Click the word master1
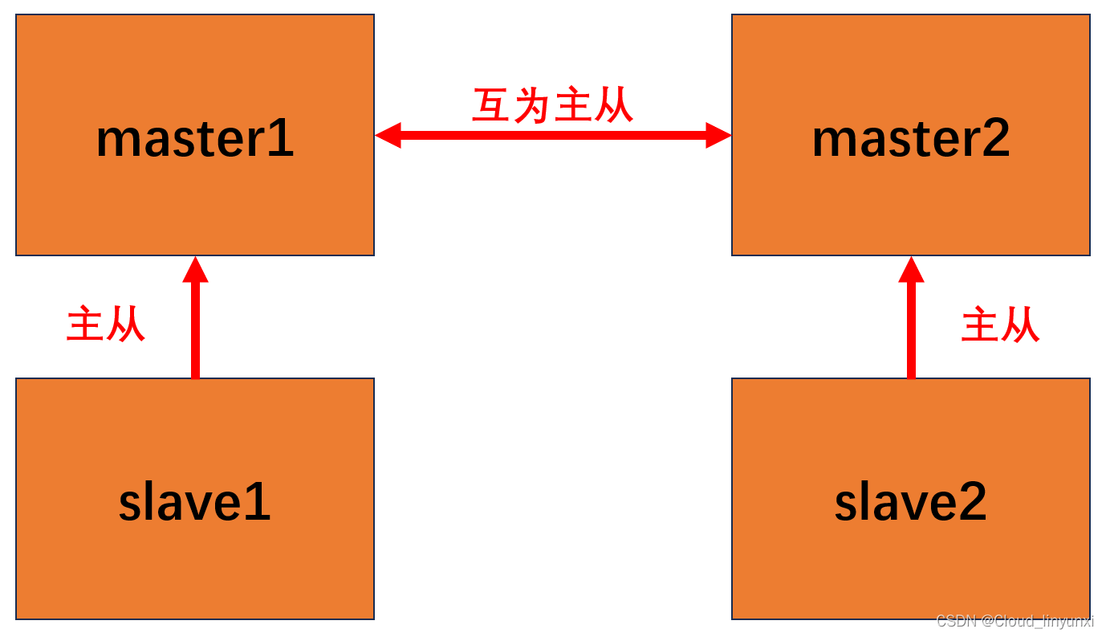195,139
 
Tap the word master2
910,139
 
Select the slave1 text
195,503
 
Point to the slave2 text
910,503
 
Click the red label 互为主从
553,105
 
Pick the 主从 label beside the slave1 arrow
105,325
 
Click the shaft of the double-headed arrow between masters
553,136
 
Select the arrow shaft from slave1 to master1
195,329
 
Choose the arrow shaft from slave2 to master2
911,329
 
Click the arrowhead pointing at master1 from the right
388,136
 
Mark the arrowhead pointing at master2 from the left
718,136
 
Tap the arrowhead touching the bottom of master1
195,270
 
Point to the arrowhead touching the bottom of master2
911,270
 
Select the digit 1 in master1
281,139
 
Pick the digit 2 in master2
994,139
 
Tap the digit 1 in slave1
258,503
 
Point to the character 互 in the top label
491,105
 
